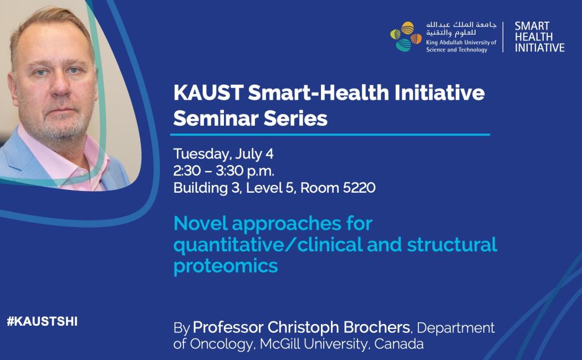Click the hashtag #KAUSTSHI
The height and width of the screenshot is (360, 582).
point(42,321)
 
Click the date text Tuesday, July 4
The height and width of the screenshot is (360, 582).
point(223,154)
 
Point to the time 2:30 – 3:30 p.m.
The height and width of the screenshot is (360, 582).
point(224,171)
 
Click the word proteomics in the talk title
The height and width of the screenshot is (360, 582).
point(226,266)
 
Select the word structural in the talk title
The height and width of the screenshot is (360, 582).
point(452,245)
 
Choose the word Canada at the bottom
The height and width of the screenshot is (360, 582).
point(399,344)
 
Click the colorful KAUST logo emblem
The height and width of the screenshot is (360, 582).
point(406,37)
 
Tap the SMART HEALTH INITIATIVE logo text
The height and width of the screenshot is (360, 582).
point(539,37)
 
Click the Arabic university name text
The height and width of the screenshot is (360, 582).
point(461,29)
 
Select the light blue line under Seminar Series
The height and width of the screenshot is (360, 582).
point(330,135)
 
